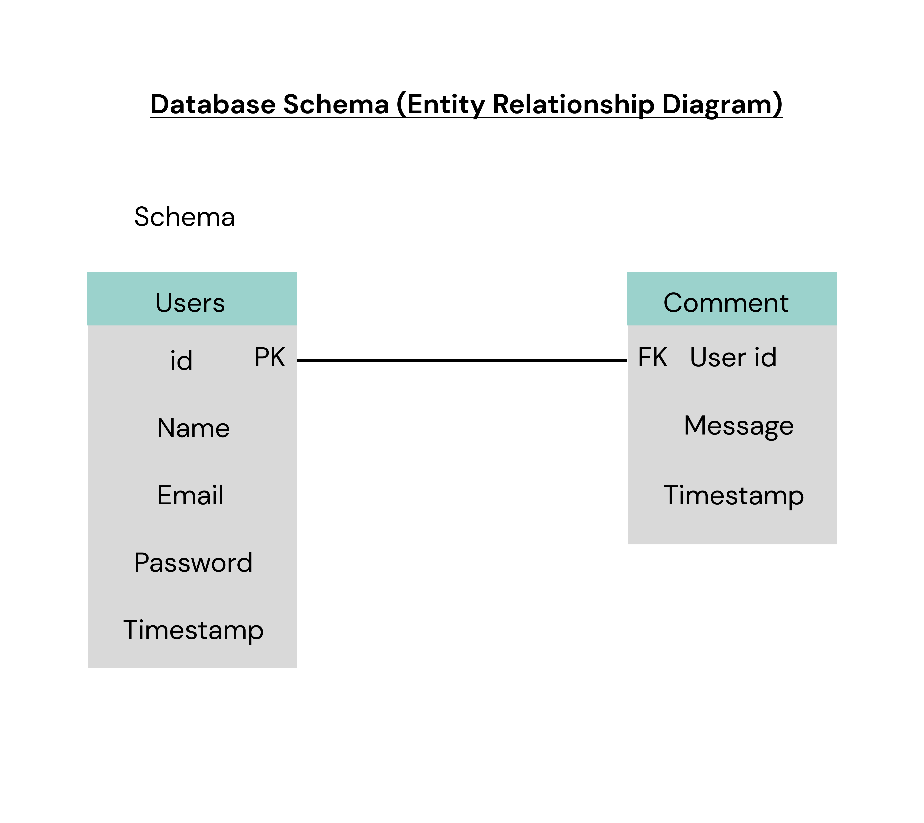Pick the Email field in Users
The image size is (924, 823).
pos(190,495)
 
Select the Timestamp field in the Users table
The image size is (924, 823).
pos(193,630)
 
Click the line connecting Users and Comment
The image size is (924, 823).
pos(462,360)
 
